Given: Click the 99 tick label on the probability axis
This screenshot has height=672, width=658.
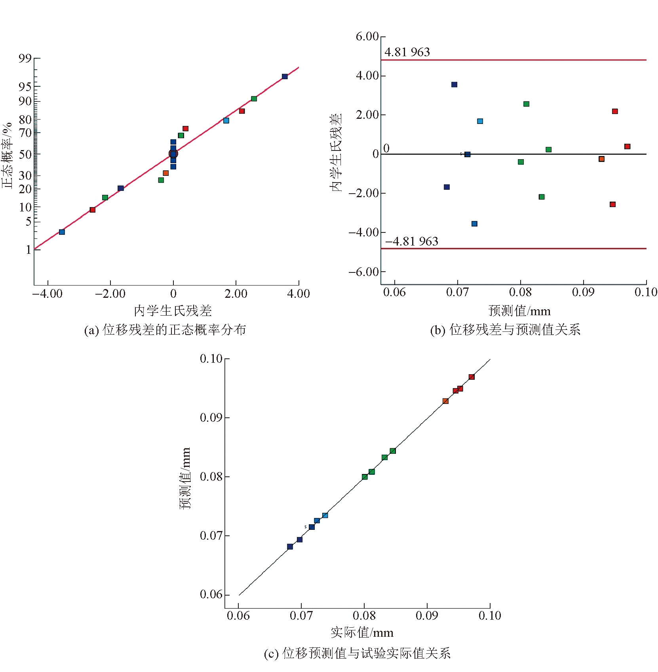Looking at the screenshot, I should tap(25, 59).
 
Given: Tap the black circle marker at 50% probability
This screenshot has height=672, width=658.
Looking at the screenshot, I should tap(173, 154).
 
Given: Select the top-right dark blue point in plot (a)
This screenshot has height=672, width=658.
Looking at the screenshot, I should tap(285, 76).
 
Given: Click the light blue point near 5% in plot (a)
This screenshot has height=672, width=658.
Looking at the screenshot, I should tap(62, 232).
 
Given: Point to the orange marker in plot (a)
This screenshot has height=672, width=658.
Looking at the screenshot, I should tap(165, 173).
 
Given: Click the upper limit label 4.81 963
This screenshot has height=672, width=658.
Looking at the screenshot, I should tap(407, 52).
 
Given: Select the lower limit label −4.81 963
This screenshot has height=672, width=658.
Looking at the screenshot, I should tap(412, 241).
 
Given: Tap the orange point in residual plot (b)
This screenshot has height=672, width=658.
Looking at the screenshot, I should tap(601, 159).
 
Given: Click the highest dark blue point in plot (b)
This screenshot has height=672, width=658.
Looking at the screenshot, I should tap(454, 84).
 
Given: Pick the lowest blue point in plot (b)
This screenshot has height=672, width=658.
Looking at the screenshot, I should tap(474, 224).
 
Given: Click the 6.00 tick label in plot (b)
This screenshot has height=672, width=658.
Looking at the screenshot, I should tap(367, 36).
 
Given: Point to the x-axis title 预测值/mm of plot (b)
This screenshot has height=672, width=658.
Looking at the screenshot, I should tap(519, 311).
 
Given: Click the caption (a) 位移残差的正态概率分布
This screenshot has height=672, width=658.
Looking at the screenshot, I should tap(165, 329).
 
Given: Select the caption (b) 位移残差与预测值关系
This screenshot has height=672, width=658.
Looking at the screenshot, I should tap(505, 329).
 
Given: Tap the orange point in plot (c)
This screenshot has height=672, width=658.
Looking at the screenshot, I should tap(445, 401).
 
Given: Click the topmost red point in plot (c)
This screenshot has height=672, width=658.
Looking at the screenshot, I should tap(472, 377).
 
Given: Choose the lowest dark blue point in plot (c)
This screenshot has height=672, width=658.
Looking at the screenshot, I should tap(290, 546).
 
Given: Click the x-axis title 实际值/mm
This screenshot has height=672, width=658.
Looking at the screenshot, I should tap(362, 632).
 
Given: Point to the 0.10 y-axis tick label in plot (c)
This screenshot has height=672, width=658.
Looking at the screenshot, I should tap(211, 359).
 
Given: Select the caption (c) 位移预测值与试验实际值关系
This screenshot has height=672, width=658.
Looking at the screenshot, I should tap(357, 653).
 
